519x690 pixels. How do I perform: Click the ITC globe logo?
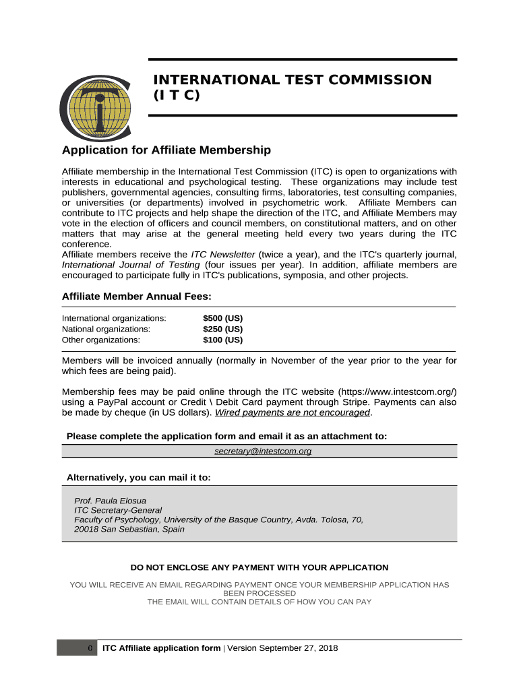tap(95, 104)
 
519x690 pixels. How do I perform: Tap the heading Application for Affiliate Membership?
tap(166, 150)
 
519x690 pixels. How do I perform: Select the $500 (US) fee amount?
tap(222, 317)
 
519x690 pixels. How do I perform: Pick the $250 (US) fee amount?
tap(222, 329)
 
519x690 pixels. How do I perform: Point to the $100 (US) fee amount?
tap(222, 340)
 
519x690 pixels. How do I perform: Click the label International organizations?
tap(114, 317)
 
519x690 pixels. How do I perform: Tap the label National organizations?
tap(106, 329)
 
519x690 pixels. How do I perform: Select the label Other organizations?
tap(101, 340)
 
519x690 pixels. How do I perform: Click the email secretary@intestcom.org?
tap(263, 451)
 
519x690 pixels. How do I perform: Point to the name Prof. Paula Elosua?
tap(110, 501)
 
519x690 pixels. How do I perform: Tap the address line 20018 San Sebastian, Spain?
tap(129, 529)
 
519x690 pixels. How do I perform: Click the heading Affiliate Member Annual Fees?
tap(137, 296)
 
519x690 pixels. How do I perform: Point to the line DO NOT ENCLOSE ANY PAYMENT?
tap(259, 567)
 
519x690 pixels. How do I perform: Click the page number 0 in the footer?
tap(90, 648)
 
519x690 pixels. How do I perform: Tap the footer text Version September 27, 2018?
tap(283, 648)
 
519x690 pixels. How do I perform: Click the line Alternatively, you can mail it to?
tap(138, 478)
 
